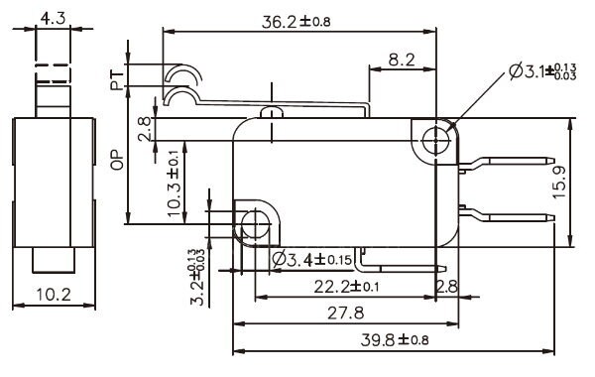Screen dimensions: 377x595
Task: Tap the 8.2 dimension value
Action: pyautogui.click(x=402, y=61)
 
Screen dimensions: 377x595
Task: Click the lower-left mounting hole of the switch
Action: pyautogui.click(x=255, y=224)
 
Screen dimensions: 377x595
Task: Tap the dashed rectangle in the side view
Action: pyautogui.click(x=52, y=75)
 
